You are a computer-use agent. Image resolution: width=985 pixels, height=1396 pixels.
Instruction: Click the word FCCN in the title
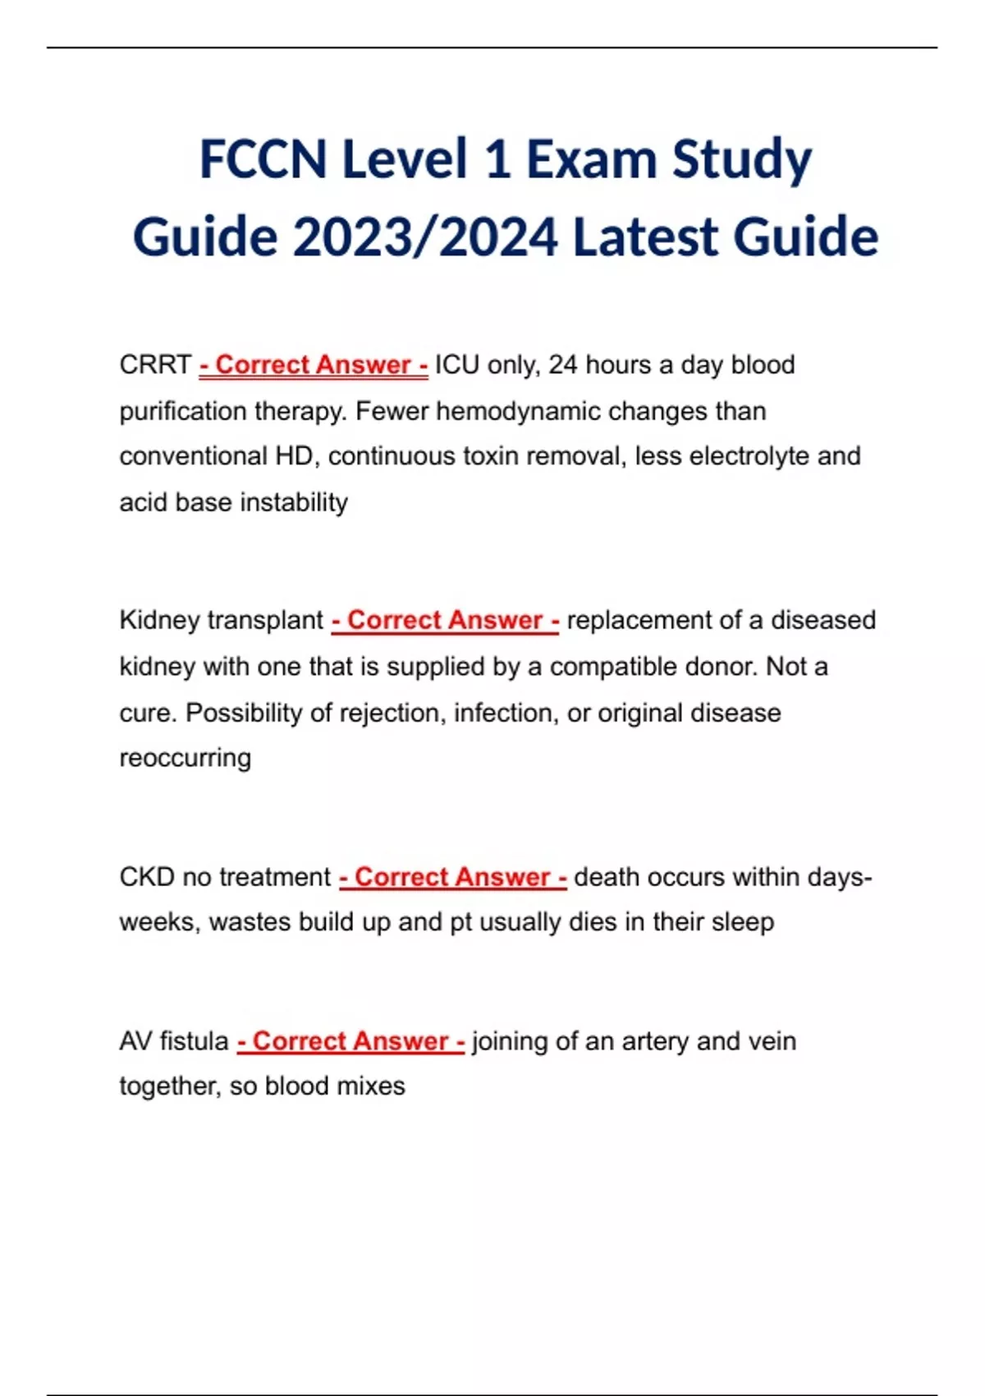coord(263,159)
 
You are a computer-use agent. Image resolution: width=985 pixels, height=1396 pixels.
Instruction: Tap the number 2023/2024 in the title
coord(426,237)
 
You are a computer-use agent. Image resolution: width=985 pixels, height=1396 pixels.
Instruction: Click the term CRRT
coord(155,365)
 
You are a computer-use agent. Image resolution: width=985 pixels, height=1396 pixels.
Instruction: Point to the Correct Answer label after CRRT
coord(314,365)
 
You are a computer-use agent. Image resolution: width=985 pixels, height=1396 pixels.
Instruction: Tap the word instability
coord(294,502)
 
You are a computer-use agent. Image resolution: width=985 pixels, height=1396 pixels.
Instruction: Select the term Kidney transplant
coord(222,620)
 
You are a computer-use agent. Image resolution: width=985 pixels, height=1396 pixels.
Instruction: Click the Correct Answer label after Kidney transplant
coord(446,620)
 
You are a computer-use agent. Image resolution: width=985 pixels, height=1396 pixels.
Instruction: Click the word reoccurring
coord(186,758)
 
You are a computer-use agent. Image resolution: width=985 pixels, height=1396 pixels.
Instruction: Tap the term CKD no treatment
coord(225,877)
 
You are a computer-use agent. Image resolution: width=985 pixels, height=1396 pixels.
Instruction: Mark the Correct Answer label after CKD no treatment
coord(453,877)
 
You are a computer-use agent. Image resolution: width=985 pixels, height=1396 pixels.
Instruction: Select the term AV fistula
coord(174,1041)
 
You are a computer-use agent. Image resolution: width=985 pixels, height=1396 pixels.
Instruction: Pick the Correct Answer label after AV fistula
coord(351,1041)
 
